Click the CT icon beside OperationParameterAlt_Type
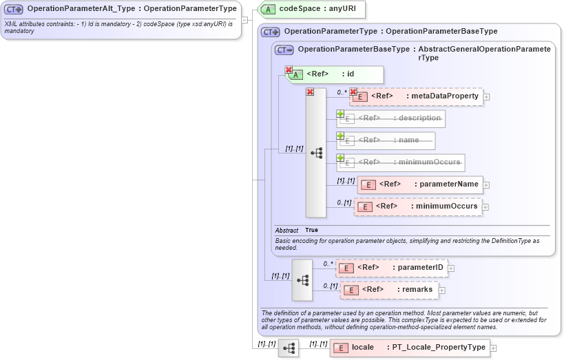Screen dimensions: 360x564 14,9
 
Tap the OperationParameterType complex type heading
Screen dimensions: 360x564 390,32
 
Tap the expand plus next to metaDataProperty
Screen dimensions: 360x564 487,97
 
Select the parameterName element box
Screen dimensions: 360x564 420,184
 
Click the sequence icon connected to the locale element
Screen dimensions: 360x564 289,349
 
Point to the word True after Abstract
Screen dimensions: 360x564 311,230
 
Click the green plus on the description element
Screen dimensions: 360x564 340,114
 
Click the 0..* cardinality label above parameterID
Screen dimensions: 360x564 328,263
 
